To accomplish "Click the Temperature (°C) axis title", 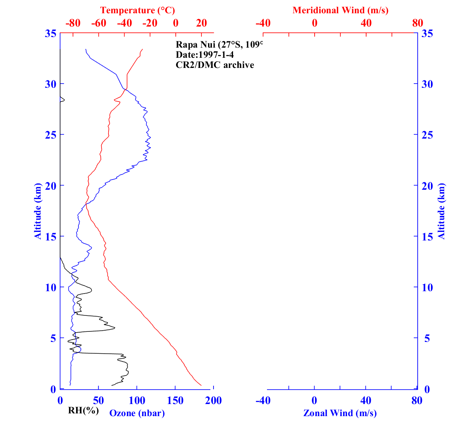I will click(x=137, y=10).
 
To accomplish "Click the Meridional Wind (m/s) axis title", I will click(x=340, y=10).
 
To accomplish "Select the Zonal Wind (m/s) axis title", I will click(x=340, y=413).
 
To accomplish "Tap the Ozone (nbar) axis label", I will click(x=137, y=413).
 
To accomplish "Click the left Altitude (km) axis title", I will click(x=38, y=211).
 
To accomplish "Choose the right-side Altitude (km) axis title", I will click(x=441, y=211).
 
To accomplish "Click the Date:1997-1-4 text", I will click(x=205, y=55).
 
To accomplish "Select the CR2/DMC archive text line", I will click(x=215, y=65).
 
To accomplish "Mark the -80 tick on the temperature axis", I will click(x=73, y=23).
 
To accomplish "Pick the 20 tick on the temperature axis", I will click(x=201, y=23).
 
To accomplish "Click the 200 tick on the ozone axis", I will click(x=214, y=401).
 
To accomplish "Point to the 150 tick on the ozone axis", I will click(x=175, y=401).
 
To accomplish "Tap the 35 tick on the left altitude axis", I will click(x=50, y=34).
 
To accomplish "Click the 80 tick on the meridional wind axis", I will click(x=417, y=23).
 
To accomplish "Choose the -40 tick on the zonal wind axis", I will click(x=263, y=401).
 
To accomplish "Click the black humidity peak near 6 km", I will click(x=115, y=328).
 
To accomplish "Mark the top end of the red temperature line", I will click(x=142, y=49).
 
